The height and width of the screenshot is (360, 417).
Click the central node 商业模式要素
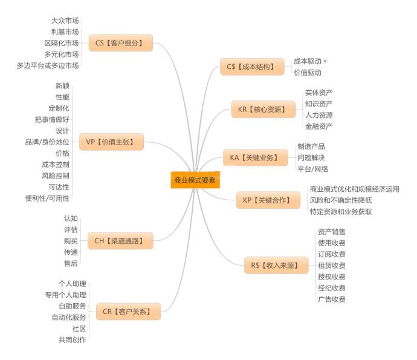point(195,180)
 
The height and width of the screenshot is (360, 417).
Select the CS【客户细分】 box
point(120,43)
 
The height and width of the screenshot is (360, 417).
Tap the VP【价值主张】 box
point(111,142)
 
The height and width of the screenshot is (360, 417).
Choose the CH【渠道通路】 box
point(120,241)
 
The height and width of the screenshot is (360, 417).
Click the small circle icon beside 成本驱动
point(326,61)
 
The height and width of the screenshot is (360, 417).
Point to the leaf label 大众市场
point(65,20)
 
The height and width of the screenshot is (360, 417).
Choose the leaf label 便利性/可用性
point(47,198)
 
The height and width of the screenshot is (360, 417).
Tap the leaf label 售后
point(71,263)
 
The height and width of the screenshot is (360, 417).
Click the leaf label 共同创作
point(73,339)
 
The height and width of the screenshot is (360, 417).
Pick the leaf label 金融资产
point(318,126)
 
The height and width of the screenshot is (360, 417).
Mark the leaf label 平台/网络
point(313,169)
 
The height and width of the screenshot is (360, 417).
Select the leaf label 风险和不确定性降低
point(340,200)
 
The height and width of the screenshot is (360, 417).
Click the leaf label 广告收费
point(331,299)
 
